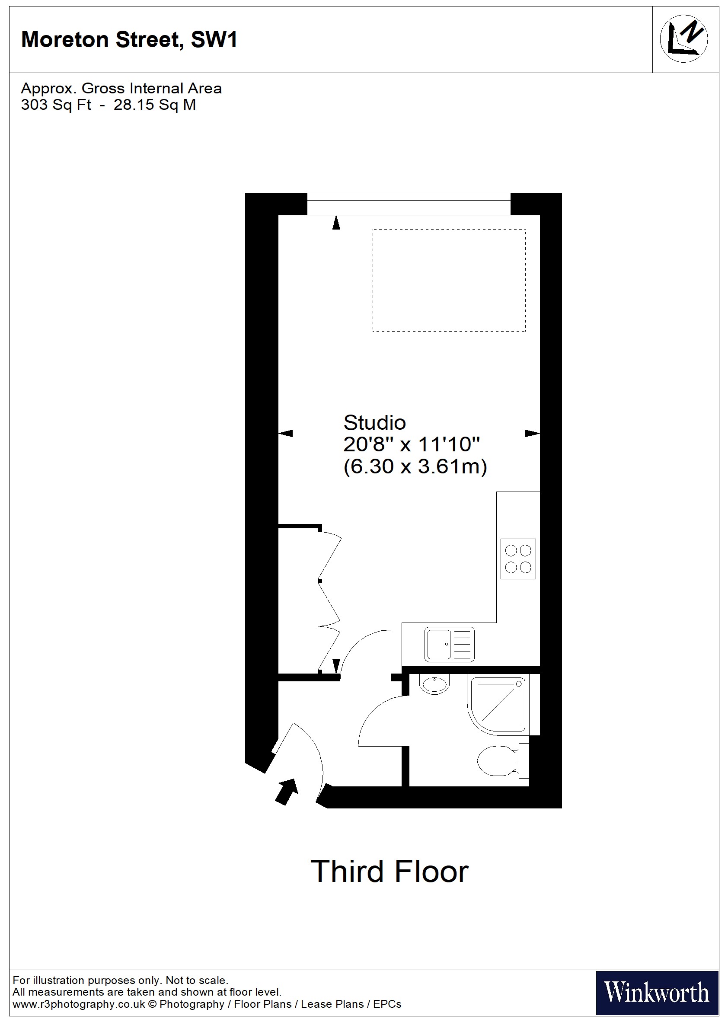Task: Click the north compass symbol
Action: [683, 39]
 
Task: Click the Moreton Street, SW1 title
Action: [129, 39]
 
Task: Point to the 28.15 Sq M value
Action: [155, 105]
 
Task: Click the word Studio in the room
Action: [374, 422]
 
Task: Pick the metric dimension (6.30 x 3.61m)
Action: [415, 466]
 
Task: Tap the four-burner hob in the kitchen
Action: [518, 559]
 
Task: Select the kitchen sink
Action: [449, 644]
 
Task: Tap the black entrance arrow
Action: [286, 792]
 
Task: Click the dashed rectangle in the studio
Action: [449, 280]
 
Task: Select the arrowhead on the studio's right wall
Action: [532, 433]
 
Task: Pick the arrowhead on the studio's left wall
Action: [286, 433]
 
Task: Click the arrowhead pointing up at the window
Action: [336, 223]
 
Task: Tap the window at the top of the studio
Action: [409, 204]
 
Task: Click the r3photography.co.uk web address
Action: [79, 1004]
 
